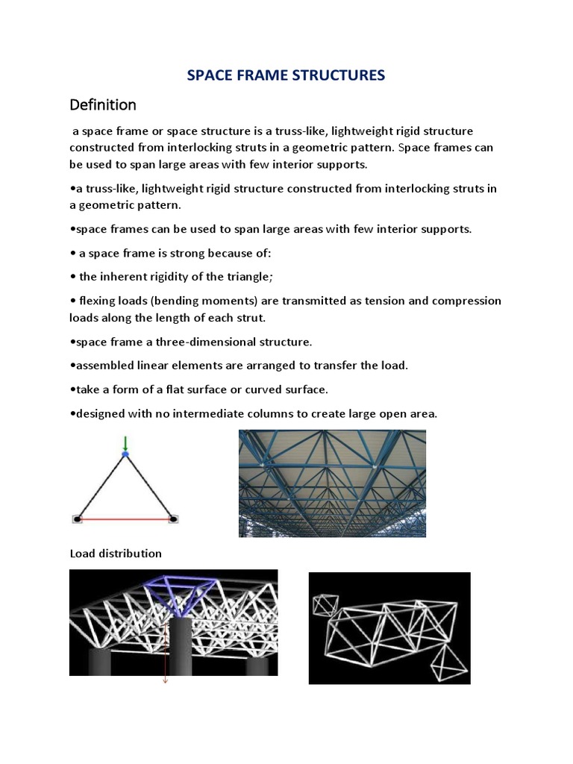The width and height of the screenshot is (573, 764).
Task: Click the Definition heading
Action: coord(103,104)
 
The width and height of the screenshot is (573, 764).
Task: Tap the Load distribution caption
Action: coord(115,554)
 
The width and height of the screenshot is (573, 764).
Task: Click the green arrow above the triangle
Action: coord(125,443)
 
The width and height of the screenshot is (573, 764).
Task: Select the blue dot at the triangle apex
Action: coord(125,454)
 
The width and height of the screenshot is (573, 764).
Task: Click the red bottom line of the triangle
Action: coord(125,519)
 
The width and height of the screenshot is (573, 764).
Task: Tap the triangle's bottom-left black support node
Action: coord(77,519)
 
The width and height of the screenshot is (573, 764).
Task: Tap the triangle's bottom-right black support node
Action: coord(173,519)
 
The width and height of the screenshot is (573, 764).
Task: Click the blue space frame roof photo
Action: coord(332,483)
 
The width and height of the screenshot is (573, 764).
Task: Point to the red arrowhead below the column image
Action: coord(166,680)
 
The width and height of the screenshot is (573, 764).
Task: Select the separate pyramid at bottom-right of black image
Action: coord(449,660)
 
